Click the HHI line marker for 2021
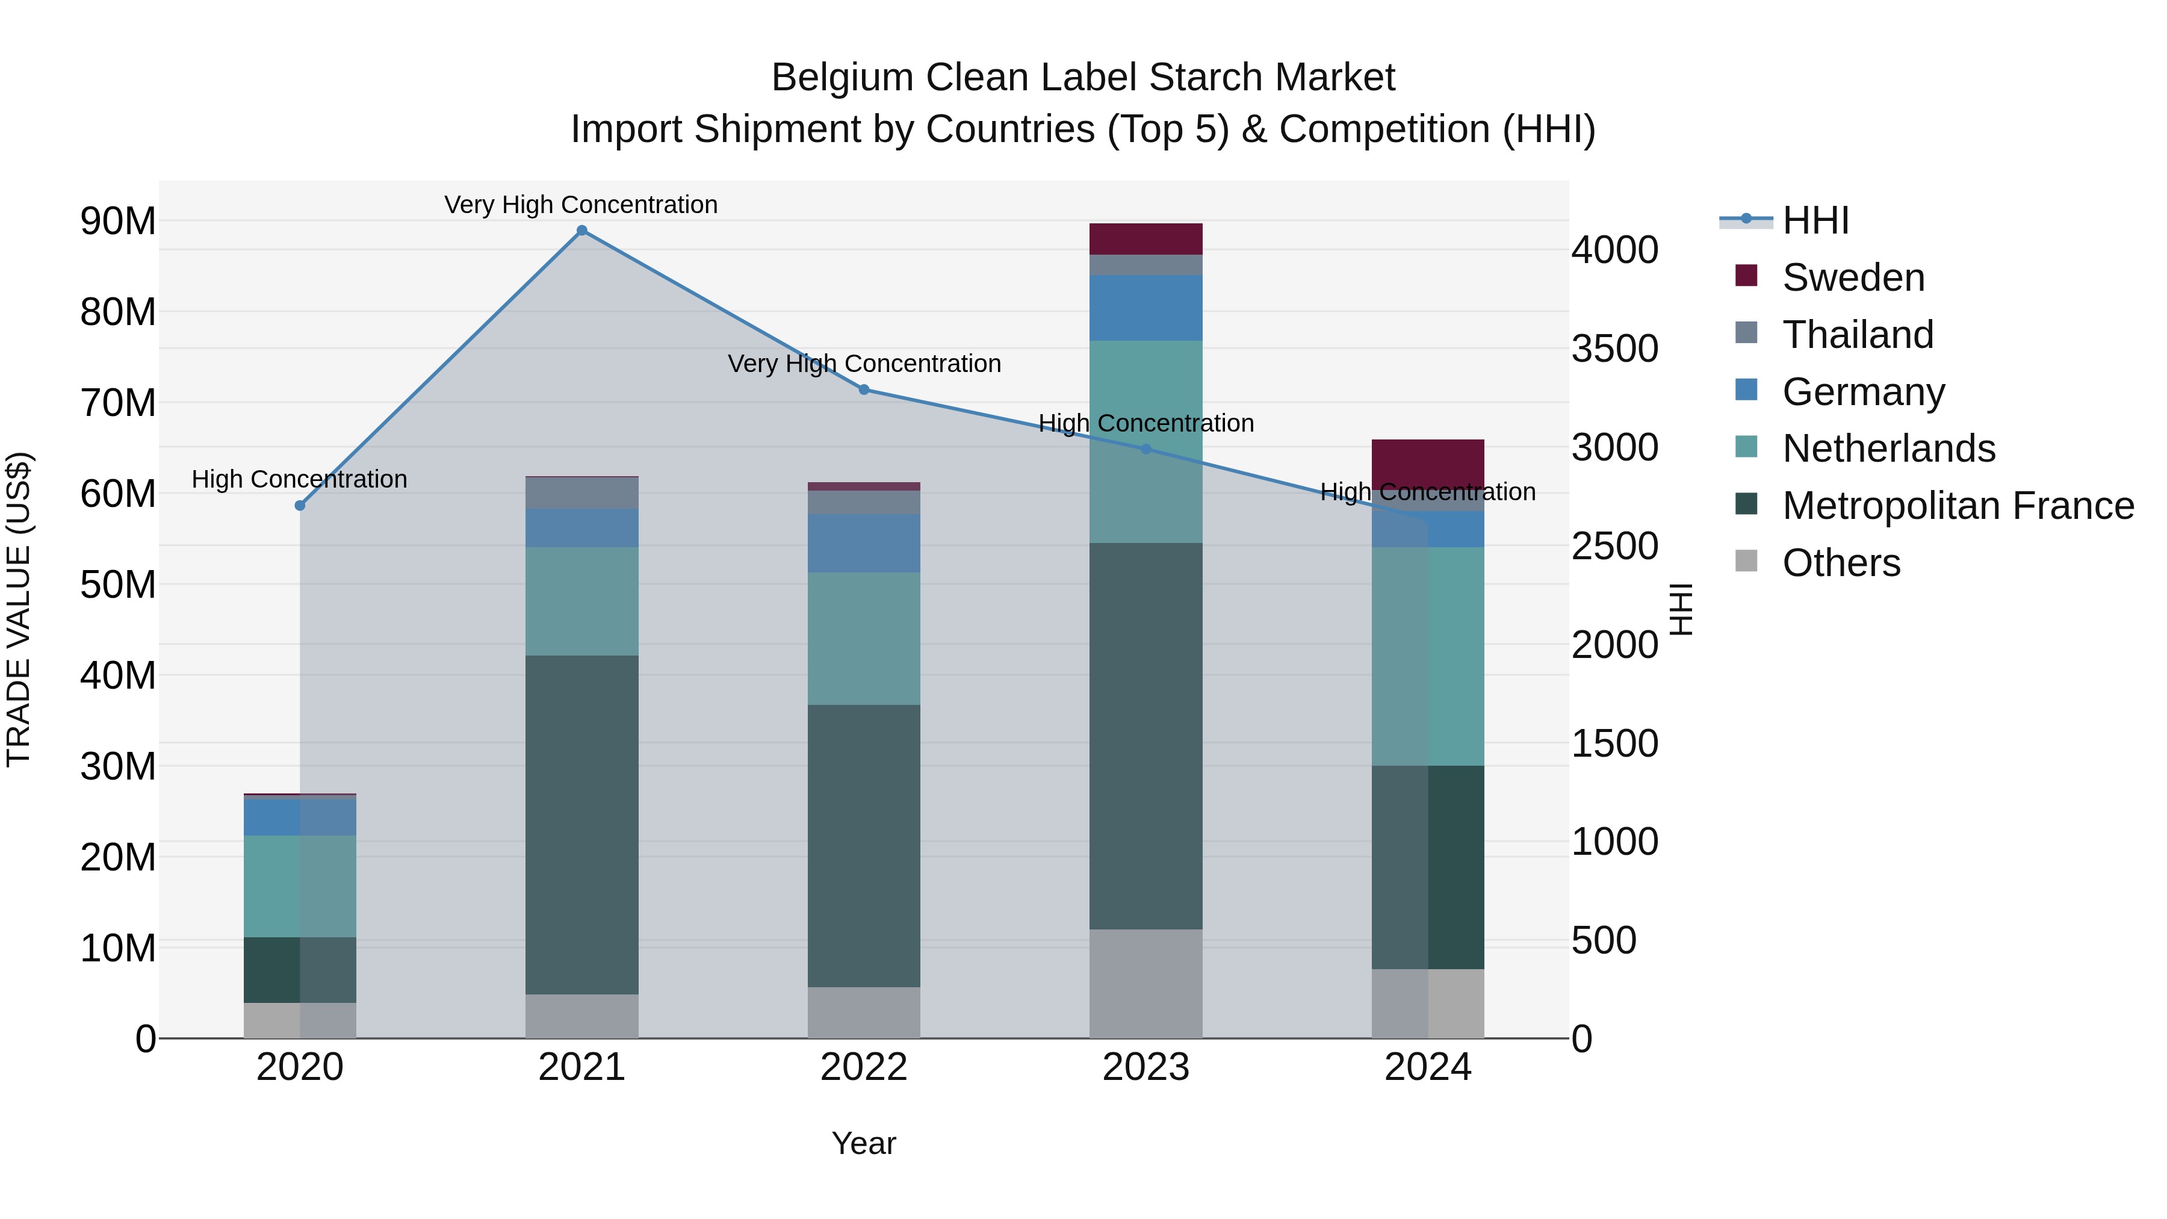[581, 231]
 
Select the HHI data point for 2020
[300, 506]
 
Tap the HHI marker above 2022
[864, 389]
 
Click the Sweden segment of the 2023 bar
[1146, 239]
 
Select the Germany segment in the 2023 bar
[1146, 308]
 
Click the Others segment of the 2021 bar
[581, 1016]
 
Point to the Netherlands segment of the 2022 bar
[864, 639]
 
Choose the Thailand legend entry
[1858, 335]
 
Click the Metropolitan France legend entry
[1958, 506]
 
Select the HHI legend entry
[1815, 220]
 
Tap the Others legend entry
[1841, 563]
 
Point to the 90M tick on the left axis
[118, 222]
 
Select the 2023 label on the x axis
[1146, 1067]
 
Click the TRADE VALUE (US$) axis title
[19, 609]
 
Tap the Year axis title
[864, 1143]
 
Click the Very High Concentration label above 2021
[581, 205]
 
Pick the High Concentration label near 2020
[300, 479]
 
